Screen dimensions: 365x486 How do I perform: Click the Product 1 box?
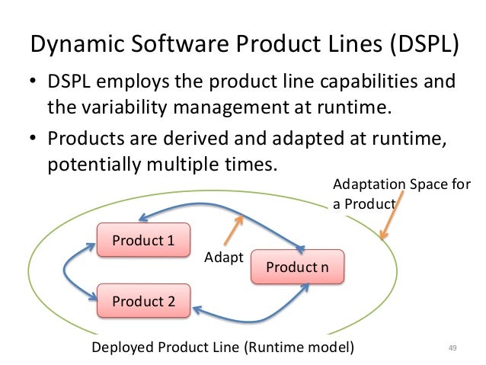pyautogui.click(x=143, y=241)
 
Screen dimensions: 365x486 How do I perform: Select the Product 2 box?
pyautogui.click(x=143, y=300)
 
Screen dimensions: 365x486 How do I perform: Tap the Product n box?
pyautogui.click(x=297, y=267)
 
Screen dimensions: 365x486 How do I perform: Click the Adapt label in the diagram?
pyautogui.click(x=223, y=258)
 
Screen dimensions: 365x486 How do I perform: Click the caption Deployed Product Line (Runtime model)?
pyautogui.click(x=222, y=348)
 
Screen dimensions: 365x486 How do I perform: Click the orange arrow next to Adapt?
pyautogui.click(x=233, y=227)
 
